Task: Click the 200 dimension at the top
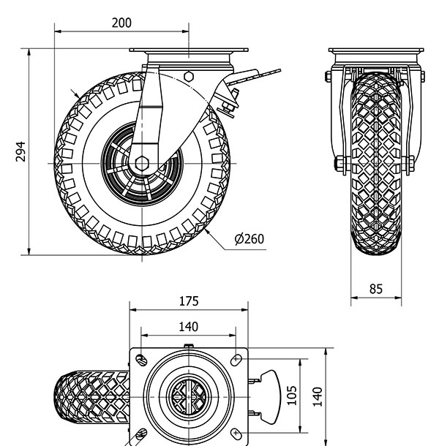(121, 23)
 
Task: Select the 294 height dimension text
(21, 152)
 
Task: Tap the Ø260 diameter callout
(249, 239)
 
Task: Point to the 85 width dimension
(375, 289)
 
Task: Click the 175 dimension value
(188, 301)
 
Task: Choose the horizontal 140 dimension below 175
(188, 326)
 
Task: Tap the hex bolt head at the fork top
(189, 76)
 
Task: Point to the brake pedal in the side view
(256, 75)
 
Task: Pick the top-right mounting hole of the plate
(236, 359)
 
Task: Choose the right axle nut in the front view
(411, 162)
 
